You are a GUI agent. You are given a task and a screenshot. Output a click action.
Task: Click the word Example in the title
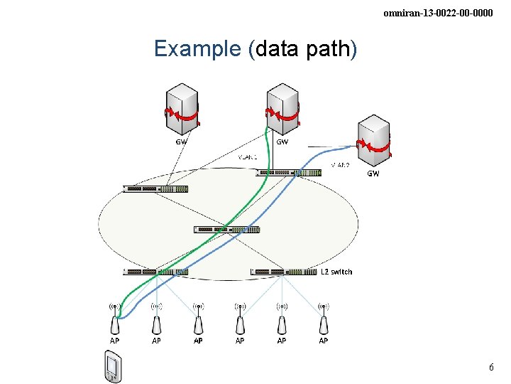[x=197, y=49]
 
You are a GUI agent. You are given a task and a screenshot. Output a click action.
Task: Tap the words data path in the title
[x=303, y=49]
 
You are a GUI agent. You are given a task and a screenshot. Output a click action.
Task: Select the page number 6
[x=490, y=368]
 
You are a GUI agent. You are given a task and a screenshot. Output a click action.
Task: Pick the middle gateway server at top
[x=282, y=109]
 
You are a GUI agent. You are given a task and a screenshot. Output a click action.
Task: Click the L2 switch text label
[x=336, y=272]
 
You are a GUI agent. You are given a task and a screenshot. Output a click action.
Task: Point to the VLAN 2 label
[x=341, y=166]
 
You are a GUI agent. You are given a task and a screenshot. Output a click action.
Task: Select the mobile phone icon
[x=111, y=367]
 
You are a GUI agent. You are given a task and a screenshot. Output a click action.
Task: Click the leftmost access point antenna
[x=114, y=319]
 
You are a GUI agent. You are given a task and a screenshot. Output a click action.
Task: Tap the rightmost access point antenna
[x=324, y=319]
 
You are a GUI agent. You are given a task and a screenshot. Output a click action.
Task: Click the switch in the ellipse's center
[x=227, y=230]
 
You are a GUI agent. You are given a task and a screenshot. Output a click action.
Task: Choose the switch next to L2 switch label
[x=283, y=272]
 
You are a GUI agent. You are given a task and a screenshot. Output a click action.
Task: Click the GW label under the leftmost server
[x=182, y=141]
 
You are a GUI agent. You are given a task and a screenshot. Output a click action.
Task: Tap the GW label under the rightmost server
[x=373, y=174]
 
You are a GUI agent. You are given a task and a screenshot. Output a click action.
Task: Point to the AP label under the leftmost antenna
[x=114, y=341]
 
